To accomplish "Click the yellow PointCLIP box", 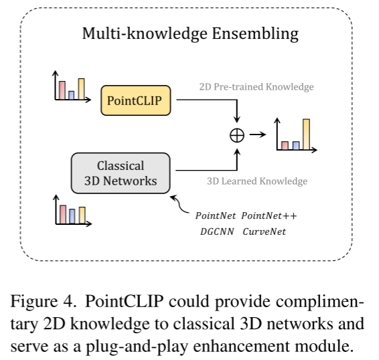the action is [136, 100].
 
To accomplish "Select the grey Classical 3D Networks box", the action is [121, 173].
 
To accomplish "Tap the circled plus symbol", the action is [237, 135].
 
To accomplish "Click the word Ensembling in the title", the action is [255, 33].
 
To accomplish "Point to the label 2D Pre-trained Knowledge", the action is [256, 87].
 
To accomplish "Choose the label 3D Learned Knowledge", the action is [257, 181].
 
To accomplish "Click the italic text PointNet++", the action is [269, 215].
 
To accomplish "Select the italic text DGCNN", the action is [217, 232].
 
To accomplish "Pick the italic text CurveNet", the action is [264, 232].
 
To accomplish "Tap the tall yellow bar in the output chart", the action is [306, 134].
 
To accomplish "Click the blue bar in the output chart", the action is [296, 145].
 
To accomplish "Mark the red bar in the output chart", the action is [285, 145].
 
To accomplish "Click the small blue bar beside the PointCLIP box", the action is [71, 95].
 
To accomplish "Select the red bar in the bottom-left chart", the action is [63, 215].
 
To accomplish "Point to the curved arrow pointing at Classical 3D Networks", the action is [179, 204].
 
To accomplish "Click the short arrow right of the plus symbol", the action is [258, 134].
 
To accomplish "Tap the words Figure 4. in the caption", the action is [43, 302].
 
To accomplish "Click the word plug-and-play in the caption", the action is [137, 347].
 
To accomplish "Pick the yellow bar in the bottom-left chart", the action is [82, 215].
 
